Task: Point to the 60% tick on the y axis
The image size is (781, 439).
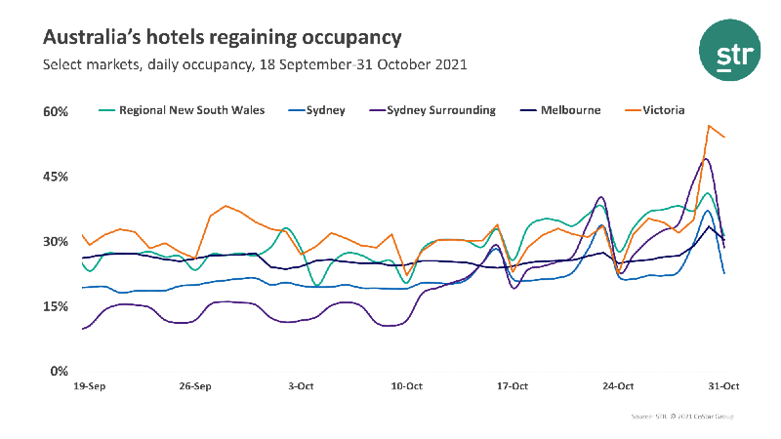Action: point(55,112)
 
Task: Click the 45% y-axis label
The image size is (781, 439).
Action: point(55,177)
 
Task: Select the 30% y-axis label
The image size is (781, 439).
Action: point(55,242)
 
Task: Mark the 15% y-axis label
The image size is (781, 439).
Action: point(55,306)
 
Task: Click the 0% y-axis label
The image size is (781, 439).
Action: point(59,372)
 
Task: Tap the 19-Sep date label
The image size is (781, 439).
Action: point(90,386)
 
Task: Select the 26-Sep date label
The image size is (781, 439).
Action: point(195,386)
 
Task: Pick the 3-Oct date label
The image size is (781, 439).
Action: point(302,386)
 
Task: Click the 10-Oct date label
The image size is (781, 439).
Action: point(407,386)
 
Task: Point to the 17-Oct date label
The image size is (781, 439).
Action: point(513,386)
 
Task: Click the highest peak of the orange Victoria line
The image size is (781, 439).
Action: point(709,126)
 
